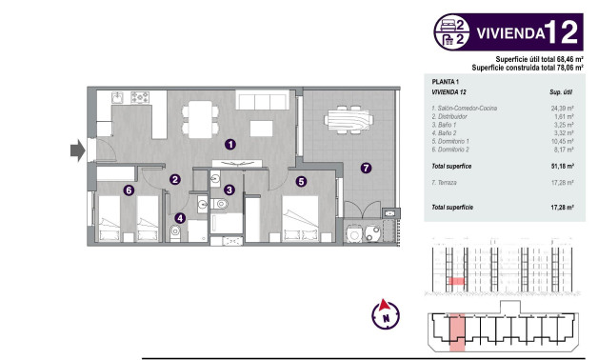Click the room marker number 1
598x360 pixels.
[x=229, y=145]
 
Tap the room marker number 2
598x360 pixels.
[x=175, y=179]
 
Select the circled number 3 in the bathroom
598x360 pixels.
[x=229, y=190]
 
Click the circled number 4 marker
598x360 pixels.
[x=181, y=217]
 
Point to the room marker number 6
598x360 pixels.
[x=128, y=190]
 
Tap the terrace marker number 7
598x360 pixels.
[x=365, y=169]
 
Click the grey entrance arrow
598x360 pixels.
[x=77, y=149]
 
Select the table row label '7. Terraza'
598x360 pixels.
[x=451, y=180]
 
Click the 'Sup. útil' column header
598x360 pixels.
[x=560, y=93]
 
